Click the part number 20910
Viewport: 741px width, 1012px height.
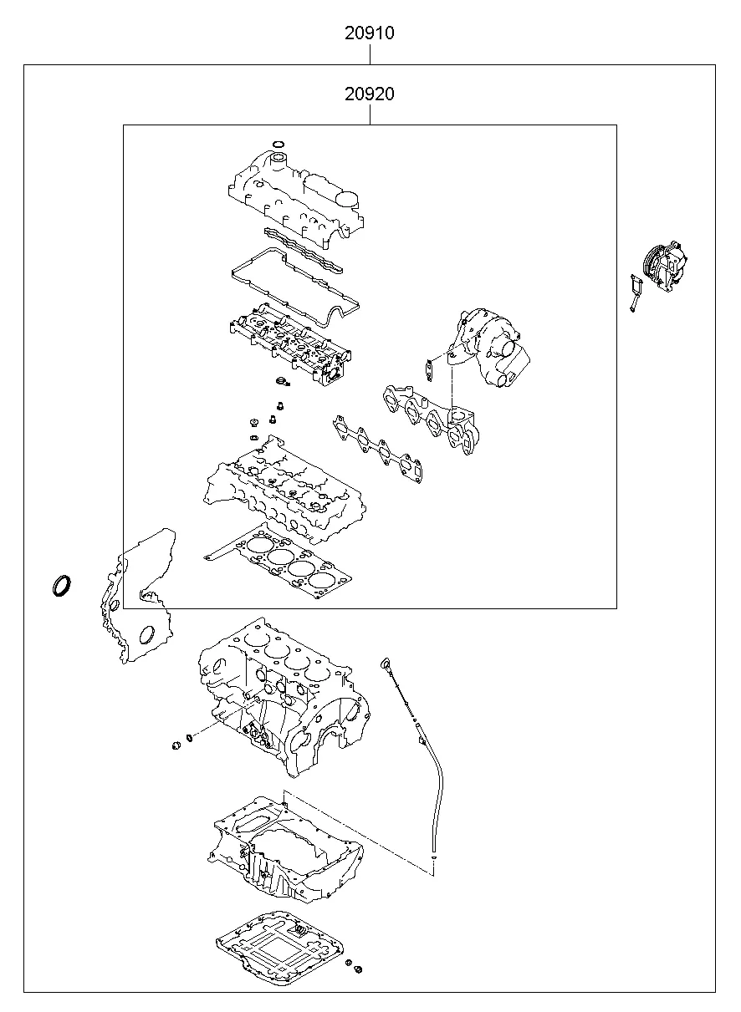[369, 34]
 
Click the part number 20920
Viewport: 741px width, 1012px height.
[369, 94]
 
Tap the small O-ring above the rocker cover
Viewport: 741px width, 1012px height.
[279, 144]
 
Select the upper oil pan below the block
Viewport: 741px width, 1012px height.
[284, 844]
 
